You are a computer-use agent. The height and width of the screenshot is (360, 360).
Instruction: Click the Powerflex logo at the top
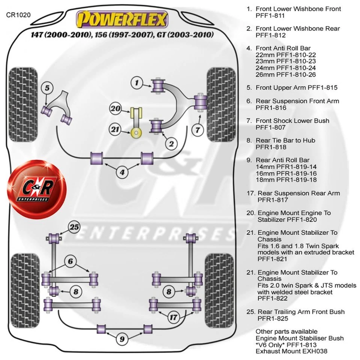[122, 20]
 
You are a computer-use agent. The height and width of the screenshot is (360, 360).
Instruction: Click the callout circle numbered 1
[137, 82]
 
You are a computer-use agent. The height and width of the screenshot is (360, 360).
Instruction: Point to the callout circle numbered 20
[116, 109]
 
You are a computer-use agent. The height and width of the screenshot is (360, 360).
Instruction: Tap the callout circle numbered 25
[74, 227]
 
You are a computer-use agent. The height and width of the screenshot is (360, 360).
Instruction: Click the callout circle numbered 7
[198, 130]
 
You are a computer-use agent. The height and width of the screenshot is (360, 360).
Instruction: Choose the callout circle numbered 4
[122, 173]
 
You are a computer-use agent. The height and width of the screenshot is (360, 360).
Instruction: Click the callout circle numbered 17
[173, 318]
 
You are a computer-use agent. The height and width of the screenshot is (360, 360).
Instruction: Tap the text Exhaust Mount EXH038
[291, 351]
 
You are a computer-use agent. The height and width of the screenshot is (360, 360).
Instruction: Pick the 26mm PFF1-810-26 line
[286, 75]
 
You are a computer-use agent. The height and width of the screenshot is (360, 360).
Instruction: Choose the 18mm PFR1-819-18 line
[286, 180]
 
